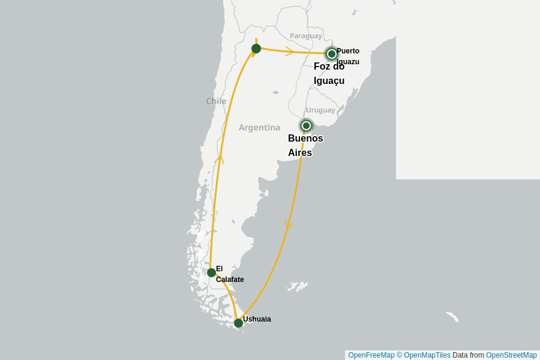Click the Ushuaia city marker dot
[238, 323]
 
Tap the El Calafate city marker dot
[211, 272]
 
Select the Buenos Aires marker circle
[306, 125]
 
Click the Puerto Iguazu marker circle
[332, 54]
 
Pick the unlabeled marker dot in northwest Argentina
[256, 49]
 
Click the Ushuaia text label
[257, 319]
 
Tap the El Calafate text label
[229, 274]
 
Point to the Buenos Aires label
[305, 145]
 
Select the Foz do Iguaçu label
[329, 74]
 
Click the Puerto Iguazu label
[348, 56]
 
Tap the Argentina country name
[259, 127]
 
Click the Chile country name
[216, 101]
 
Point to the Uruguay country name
[320, 110]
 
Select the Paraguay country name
[306, 36]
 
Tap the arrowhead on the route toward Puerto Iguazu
[289, 52]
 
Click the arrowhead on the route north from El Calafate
[220, 158]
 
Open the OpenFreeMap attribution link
[371, 355]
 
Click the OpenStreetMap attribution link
[511, 355]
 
